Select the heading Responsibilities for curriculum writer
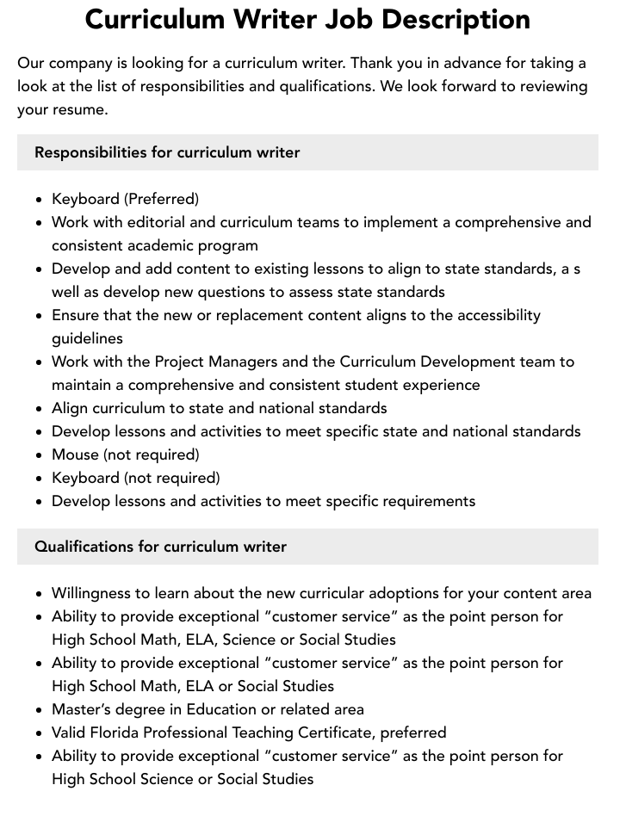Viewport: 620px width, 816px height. [x=167, y=152]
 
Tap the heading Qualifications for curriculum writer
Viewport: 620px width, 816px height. [x=160, y=547]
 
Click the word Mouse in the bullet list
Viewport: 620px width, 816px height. [x=75, y=454]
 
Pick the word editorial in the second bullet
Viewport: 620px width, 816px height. [x=153, y=222]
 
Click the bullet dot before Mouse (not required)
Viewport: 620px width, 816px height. [x=40, y=455]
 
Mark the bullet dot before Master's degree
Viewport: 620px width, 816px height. [x=40, y=710]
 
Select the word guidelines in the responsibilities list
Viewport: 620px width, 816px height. [x=87, y=338]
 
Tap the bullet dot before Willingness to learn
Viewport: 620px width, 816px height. [x=40, y=594]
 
